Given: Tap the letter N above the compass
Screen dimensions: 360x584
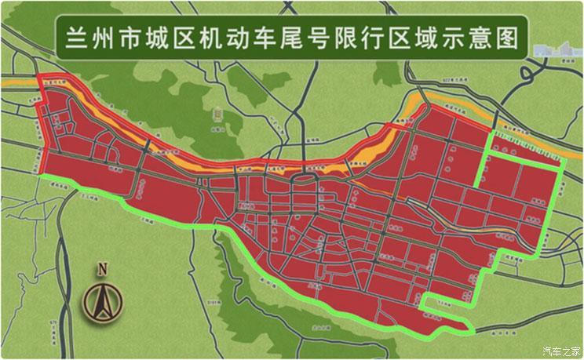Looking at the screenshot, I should click(102, 269).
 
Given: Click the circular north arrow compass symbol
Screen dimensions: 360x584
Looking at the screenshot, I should click(102, 301).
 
